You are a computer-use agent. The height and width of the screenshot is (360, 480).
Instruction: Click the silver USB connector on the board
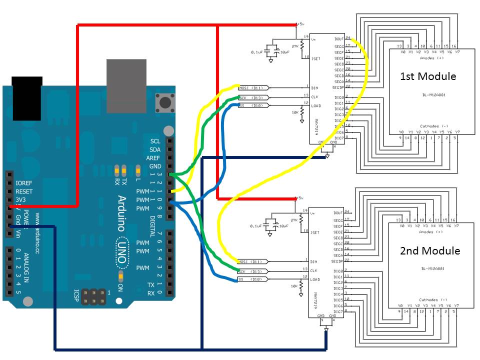pyautogui.click(x=127, y=85)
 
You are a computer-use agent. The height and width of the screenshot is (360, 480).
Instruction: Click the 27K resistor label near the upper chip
pyautogui.click(x=295, y=45)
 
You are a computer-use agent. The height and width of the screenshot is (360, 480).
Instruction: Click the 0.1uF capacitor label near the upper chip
pyautogui.click(x=257, y=51)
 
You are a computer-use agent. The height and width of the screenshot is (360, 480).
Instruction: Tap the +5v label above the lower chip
pyautogui.click(x=300, y=198)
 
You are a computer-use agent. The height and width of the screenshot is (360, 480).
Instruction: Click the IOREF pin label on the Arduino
pyautogui.click(x=24, y=183)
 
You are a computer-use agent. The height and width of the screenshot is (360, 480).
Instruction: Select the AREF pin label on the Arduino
pyautogui.click(x=153, y=158)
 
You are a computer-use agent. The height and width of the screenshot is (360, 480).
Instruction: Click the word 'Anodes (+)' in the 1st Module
pyautogui.click(x=430, y=58)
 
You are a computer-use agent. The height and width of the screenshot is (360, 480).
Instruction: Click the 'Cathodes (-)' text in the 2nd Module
pyautogui.click(x=430, y=299)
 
